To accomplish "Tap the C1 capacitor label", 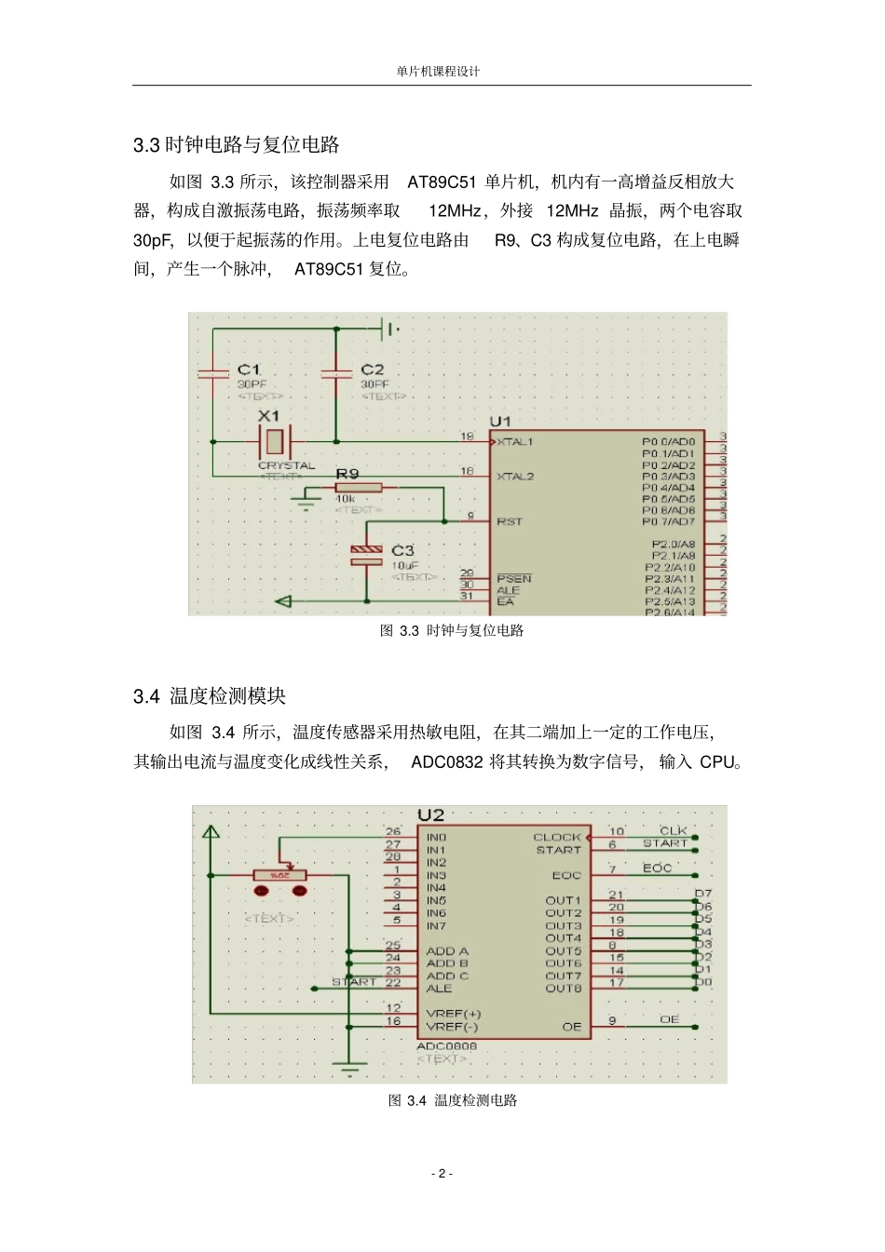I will [249, 370].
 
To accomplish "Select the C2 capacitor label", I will [372, 370].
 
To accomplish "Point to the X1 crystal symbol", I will [274, 441].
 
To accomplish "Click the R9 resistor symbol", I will [359, 487].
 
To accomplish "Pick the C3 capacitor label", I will [402, 550].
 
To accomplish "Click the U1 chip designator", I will [500, 422].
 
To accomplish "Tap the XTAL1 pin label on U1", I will [514, 441].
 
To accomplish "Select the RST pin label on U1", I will [510, 521].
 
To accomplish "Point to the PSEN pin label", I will [514, 578].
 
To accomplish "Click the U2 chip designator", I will [430, 814].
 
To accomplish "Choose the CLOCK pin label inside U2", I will [557, 837].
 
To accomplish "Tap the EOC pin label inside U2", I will [566, 875].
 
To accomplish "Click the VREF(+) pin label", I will [454, 1013].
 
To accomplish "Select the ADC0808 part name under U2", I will [446, 1045].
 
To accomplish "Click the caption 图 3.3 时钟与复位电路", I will [452, 630].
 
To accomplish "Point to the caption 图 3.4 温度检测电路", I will [453, 1099].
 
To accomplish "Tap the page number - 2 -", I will [442, 1173].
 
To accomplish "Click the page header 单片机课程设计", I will [438, 71].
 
